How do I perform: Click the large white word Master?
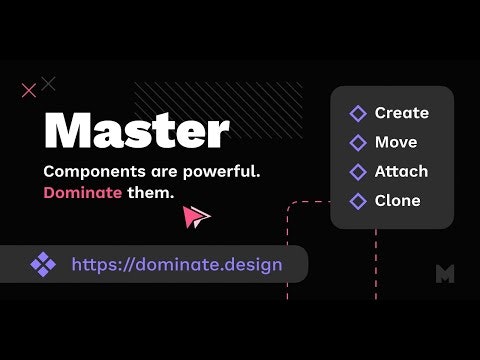137,130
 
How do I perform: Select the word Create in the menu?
401,113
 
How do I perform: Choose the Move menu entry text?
396,142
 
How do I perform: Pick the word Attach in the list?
401,171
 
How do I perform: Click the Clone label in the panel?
397,201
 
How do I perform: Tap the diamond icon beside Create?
358,114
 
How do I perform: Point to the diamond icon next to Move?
358,143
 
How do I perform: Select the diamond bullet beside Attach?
358,172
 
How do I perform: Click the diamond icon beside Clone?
358,202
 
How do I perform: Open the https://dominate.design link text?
176,265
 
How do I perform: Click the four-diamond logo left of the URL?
43,265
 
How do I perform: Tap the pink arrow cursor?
198,216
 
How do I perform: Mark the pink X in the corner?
29,91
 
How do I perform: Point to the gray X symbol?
49,83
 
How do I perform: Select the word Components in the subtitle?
92,171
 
